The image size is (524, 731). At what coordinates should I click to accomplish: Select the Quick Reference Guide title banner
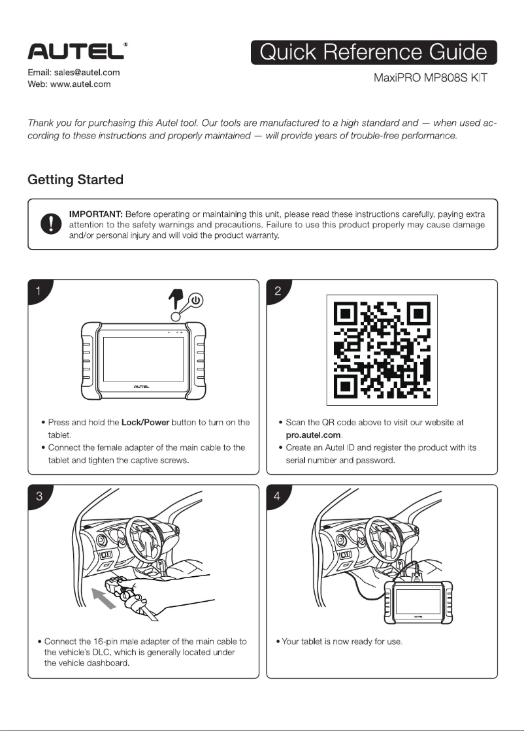coord(374,53)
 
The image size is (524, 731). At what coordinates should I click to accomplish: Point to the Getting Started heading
coord(75,179)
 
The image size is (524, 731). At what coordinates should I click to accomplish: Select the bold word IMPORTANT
coord(96,214)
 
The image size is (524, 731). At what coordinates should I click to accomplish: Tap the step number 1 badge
coord(39,292)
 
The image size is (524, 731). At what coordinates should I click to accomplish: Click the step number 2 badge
coord(278,292)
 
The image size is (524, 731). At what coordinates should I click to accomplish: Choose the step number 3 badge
coord(39,496)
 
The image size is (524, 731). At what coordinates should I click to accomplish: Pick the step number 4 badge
coord(278,496)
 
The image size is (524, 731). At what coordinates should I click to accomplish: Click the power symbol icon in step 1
coord(197,301)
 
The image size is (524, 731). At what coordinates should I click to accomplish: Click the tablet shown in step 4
coord(416,601)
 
